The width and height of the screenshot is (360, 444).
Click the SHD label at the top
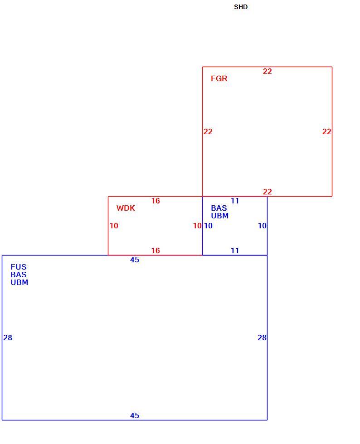241,7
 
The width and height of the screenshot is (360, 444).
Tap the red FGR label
219,78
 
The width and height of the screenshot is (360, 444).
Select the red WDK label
126,208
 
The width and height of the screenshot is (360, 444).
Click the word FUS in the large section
19,267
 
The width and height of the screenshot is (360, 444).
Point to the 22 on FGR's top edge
268,71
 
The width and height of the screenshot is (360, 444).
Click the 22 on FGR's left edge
208,131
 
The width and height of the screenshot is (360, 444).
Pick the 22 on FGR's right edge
327,131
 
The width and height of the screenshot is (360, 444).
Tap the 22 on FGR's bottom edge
268,192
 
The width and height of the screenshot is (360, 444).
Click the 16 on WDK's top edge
156,201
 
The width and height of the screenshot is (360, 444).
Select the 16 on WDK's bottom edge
156,251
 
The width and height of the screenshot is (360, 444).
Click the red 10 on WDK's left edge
114,226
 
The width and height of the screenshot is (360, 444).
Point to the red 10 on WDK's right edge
197,226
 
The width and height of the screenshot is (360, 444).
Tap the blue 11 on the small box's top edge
235,201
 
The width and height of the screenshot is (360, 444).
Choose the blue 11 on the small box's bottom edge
235,251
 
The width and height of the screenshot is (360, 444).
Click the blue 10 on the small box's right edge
262,226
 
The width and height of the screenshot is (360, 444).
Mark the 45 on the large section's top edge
135,260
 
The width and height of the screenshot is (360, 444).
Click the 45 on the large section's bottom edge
135,415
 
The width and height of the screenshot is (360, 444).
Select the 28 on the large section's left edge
8,338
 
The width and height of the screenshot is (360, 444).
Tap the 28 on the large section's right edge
262,338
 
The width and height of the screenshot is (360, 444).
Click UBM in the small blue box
220,216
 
